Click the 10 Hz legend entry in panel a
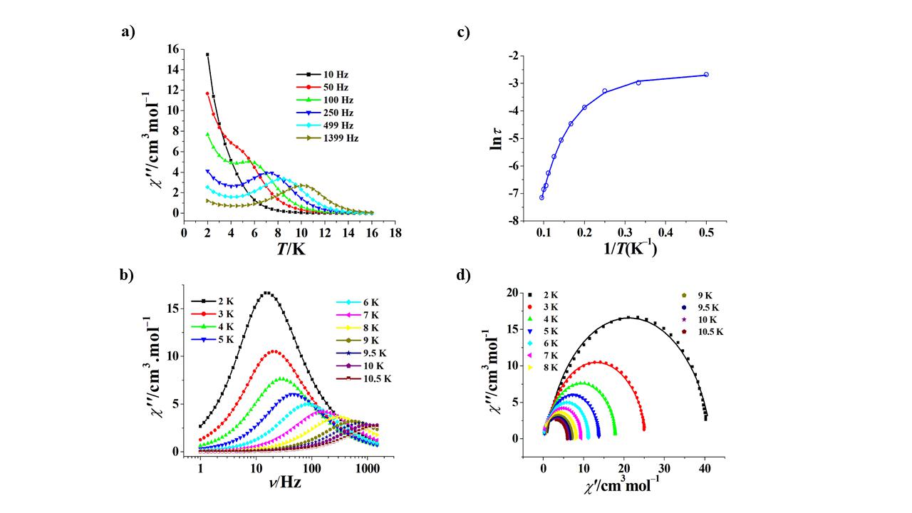click(x=324, y=74)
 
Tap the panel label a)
click(x=128, y=31)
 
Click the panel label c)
click(x=464, y=31)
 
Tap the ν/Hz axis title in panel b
click(x=285, y=482)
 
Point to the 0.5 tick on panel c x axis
click(x=706, y=232)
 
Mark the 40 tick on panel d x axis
click(x=705, y=468)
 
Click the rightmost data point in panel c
click(x=706, y=74)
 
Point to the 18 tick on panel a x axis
click(x=395, y=232)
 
